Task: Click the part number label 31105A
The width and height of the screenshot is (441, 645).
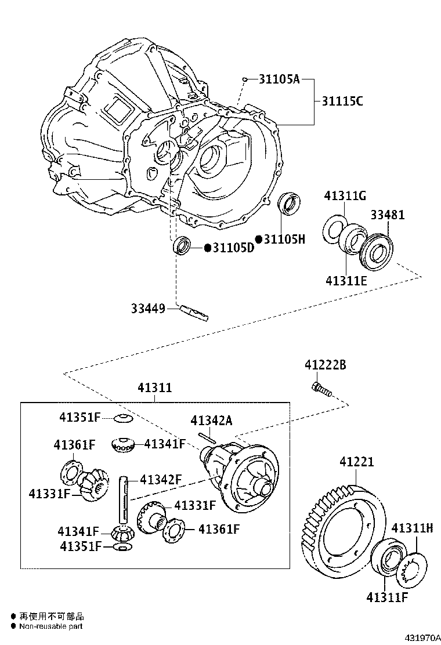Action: click(279, 79)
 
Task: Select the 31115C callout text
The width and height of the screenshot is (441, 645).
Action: click(342, 102)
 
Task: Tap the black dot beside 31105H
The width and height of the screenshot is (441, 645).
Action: click(259, 239)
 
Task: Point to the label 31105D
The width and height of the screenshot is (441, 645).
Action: click(233, 248)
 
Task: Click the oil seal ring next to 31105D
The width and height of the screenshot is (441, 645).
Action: click(182, 245)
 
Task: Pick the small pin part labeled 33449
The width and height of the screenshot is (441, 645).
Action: click(194, 312)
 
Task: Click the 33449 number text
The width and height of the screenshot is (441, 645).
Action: click(147, 309)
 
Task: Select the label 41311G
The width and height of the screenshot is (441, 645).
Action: click(345, 195)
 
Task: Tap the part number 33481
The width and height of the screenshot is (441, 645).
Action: click(388, 215)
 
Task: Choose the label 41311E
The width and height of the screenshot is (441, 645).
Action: click(346, 281)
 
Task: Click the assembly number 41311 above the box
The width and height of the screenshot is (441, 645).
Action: click(154, 387)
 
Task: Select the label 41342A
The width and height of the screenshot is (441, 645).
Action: click(211, 421)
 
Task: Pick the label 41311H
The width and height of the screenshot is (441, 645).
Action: click(412, 528)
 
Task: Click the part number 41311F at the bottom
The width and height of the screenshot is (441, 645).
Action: click(386, 596)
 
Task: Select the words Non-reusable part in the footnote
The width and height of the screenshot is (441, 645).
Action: click(51, 626)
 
